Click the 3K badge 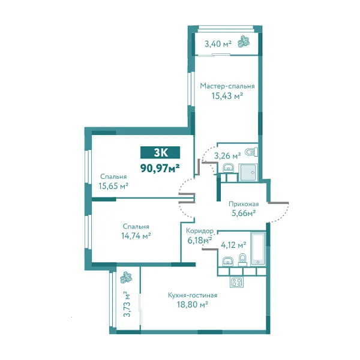click(160, 152)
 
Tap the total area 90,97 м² click(160, 168)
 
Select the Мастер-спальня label click(227, 86)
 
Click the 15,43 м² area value click(227, 95)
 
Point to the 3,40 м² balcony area click(218, 44)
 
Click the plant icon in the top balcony click(244, 41)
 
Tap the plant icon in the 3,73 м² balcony click(126, 278)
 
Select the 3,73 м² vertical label click(127, 304)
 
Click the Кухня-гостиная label click(193, 295)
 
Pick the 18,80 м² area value click(193, 305)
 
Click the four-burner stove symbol click(236, 282)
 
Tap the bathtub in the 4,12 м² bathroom click(258, 249)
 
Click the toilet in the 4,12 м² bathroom click(242, 260)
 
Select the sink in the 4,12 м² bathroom click(228, 262)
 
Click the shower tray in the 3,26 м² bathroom click(248, 172)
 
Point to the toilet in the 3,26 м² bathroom click(251, 152)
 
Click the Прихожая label click(244, 204)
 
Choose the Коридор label click(200, 230)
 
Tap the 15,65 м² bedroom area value click(113, 186)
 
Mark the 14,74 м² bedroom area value click(136, 236)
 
